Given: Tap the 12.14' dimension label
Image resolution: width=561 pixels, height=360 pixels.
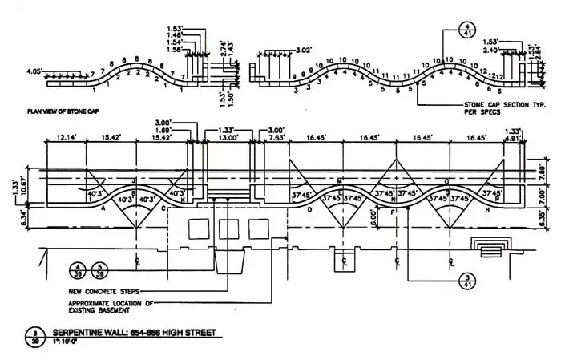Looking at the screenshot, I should point(67,137).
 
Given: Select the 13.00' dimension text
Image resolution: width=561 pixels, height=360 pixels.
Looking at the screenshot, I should point(228,137).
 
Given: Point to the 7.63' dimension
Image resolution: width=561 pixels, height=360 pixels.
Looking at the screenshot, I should point(277,137).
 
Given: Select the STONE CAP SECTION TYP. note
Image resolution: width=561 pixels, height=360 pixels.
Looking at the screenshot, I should point(502,105).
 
